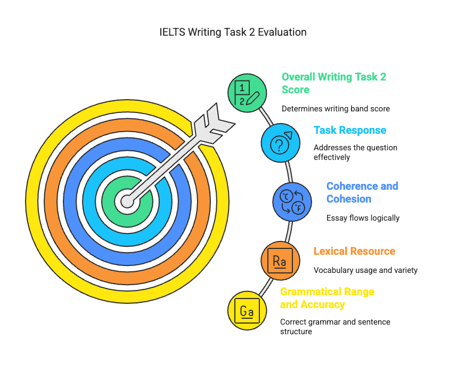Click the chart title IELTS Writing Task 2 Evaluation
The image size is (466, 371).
point(233,32)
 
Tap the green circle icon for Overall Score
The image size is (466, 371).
point(248,92)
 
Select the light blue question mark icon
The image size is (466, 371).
point(281,143)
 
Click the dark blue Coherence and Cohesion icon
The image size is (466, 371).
point(292,201)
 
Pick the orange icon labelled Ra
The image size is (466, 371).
point(280,261)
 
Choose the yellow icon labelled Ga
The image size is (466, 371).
point(247,311)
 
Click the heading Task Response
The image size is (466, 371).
point(350,130)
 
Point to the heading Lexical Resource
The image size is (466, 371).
point(354,251)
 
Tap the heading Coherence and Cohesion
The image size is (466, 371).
point(362,192)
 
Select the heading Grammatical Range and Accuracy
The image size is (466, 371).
point(327,298)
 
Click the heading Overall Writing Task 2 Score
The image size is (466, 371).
point(334,83)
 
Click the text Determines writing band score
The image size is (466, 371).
point(336,109)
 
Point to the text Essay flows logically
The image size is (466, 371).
point(363,217)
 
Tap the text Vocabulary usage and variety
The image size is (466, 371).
point(365,270)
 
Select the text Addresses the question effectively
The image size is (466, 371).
point(355,152)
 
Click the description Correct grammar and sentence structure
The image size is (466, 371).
point(335,327)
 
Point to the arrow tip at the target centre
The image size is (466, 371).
point(127,201)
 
